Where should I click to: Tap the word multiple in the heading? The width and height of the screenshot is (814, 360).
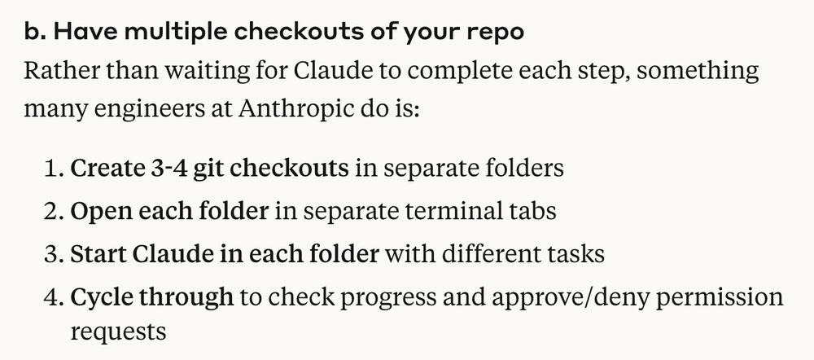173,33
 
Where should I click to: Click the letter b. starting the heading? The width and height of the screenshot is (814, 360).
35,33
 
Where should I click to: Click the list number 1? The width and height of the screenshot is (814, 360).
53,169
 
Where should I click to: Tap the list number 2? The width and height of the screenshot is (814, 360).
53,212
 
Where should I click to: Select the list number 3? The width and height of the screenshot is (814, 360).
53,255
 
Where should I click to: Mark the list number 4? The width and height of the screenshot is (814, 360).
53,297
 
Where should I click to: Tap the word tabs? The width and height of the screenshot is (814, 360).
530,212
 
